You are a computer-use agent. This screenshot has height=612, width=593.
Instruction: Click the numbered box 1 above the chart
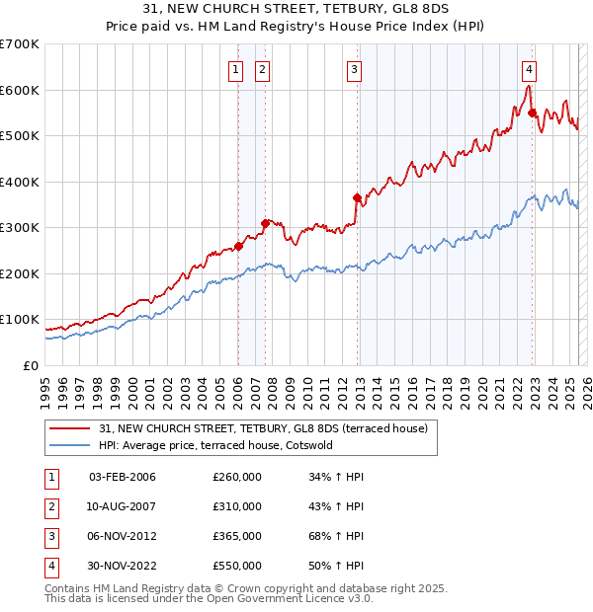pos(236,69)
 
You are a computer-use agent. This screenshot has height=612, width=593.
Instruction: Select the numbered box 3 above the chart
pos(354,69)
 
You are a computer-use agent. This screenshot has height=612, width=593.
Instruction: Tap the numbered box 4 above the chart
pos(530,69)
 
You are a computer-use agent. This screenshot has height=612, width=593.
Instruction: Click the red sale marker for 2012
pos(358,197)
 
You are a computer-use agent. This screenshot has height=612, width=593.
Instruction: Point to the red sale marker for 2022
pos(533,113)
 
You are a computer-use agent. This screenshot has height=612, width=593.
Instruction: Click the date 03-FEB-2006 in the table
pos(123,478)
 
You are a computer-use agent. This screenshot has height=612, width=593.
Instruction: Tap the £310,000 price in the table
pos(237,506)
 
